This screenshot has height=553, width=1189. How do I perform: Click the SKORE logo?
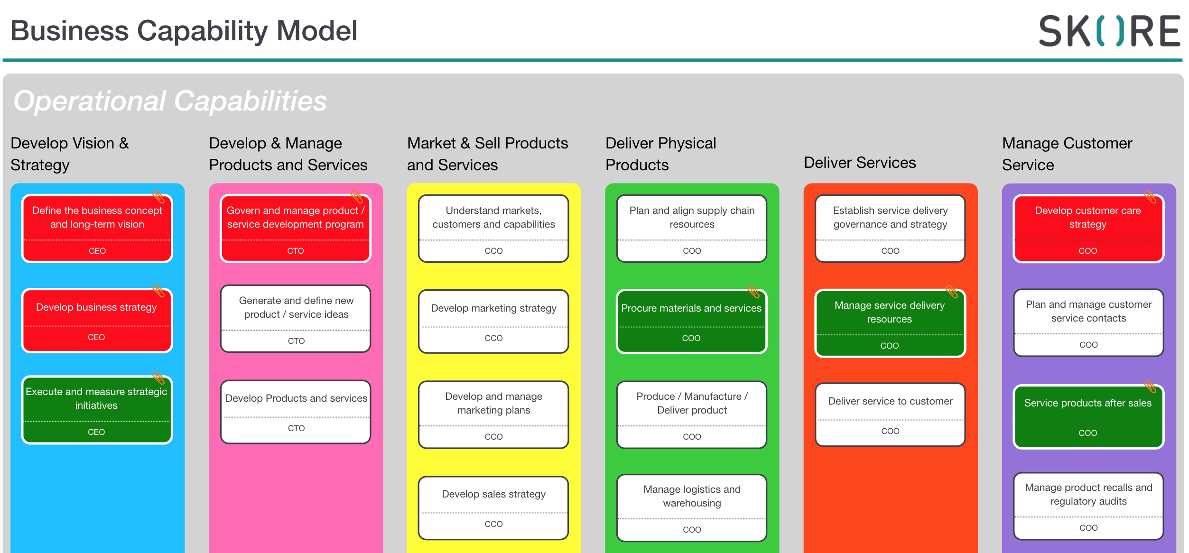pos(1109,31)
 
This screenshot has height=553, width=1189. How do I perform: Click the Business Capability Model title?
pos(184,31)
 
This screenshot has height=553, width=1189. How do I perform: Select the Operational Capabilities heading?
pos(170,101)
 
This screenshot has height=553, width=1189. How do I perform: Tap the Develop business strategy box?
pos(97,321)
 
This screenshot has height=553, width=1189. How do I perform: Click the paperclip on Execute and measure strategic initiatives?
pos(158,378)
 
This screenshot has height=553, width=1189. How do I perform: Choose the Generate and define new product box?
pos(296,319)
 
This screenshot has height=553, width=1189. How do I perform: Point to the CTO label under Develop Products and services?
pos(296,428)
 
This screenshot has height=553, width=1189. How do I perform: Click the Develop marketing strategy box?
pos(493,322)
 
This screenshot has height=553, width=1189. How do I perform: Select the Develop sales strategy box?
pos(493,508)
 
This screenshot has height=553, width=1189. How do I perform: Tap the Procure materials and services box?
pos(691,322)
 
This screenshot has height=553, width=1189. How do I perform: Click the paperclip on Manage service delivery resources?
pos(952,291)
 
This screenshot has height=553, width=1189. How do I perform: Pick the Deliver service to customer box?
pos(890,415)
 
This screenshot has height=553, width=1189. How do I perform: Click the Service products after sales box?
pos(1088,416)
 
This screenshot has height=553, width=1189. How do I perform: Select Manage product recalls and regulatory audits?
pos(1088,506)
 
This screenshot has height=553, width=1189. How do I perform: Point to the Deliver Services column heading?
pos(860,163)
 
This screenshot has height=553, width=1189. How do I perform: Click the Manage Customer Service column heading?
pos(1067,154)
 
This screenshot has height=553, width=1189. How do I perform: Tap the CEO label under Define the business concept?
pos(97,251)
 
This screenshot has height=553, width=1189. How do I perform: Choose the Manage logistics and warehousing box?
pos(692,508)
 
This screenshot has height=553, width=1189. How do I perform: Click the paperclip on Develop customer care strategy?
pos(1150,196)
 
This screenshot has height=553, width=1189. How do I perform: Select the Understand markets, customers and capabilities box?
pos(493,228)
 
